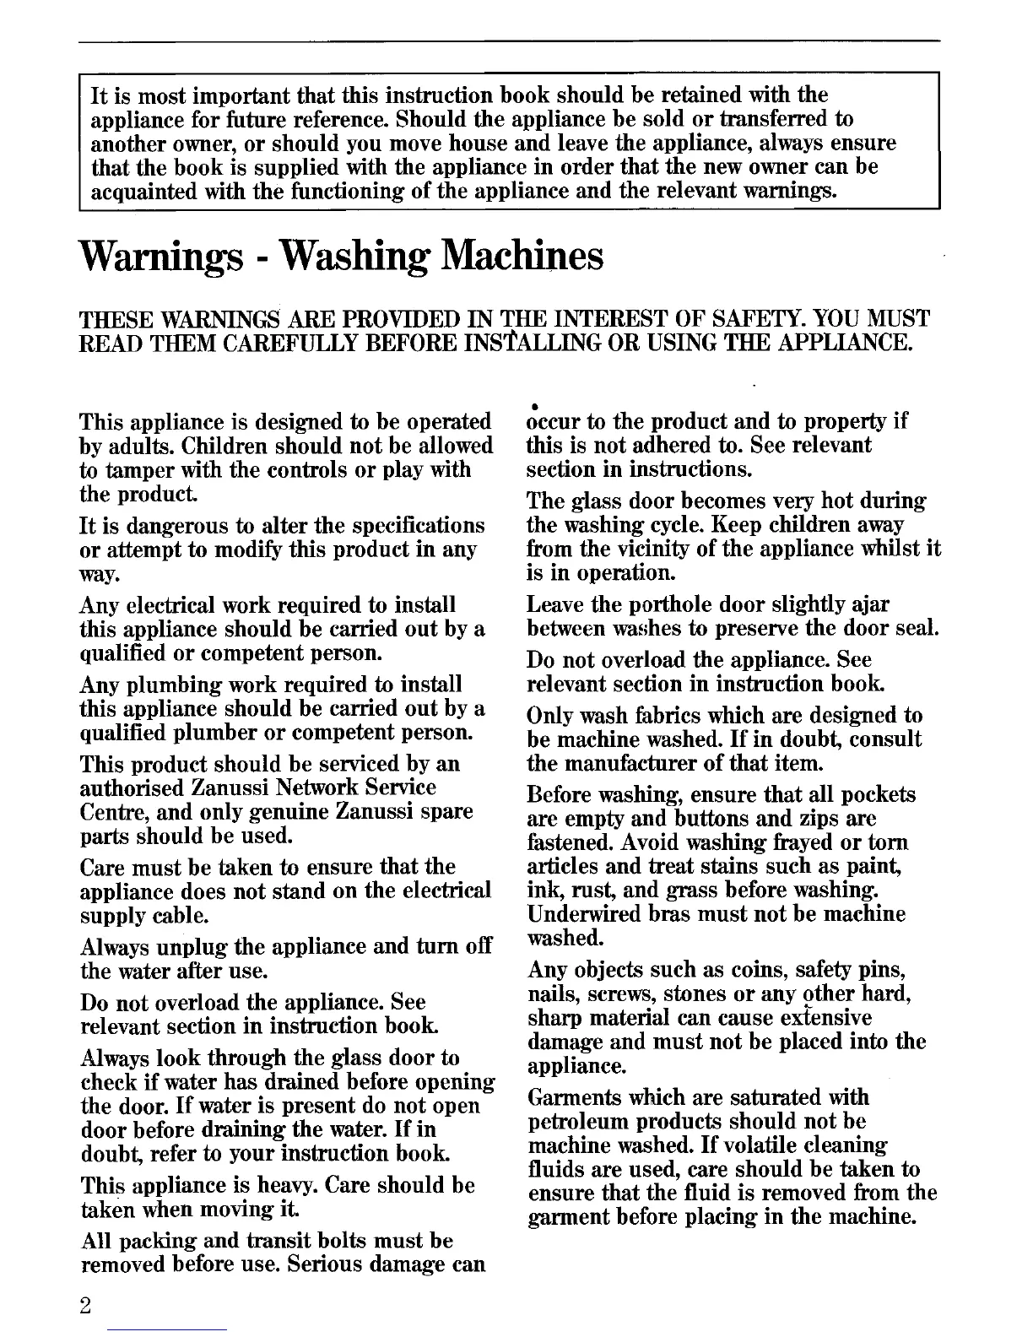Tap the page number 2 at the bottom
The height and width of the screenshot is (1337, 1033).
(x=85, y=1305)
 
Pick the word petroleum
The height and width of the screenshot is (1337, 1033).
(x=573, y=1123)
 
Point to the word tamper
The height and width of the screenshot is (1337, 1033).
(x=132, y=470)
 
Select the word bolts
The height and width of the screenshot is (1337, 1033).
(x=333, y=1242)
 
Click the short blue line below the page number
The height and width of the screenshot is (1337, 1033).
(x=168, y=1329)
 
